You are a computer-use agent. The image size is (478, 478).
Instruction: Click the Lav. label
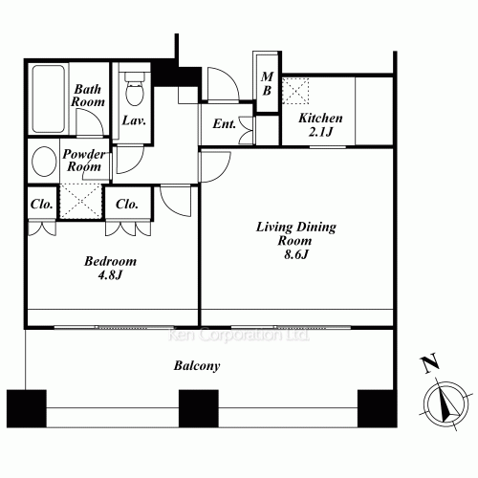point(133,120)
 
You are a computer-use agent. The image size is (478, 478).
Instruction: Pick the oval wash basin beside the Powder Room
point(43,160)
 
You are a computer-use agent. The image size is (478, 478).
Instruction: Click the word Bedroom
point(110,261)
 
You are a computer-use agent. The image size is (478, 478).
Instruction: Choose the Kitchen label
point(320,118)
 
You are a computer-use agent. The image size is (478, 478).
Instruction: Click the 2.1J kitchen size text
point(320,132)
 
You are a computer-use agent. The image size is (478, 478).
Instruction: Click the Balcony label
point(197,365)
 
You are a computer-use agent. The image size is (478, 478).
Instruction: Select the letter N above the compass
point(429,363)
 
